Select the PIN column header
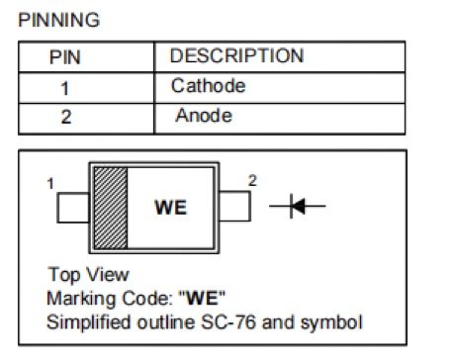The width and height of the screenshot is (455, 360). [x=65, y=57]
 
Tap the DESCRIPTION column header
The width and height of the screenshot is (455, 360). [x=236, y=56]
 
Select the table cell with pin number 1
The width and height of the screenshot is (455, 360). [x=65, y=87]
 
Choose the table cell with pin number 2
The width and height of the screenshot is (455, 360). [x=65, y=118]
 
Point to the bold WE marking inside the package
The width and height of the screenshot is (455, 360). [x=170, y=209]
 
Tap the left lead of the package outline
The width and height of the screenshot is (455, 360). [x=73, y=208]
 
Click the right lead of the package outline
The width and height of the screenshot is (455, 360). [x=233, y=208]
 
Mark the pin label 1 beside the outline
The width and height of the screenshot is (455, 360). [x=50, y=183]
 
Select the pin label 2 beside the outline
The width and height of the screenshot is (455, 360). [x=252, y=181]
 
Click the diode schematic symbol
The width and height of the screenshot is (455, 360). [x=296, y=207]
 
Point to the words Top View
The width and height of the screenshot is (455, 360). [x=87, y=274]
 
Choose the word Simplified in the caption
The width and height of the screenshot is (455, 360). [x=84, y=321]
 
